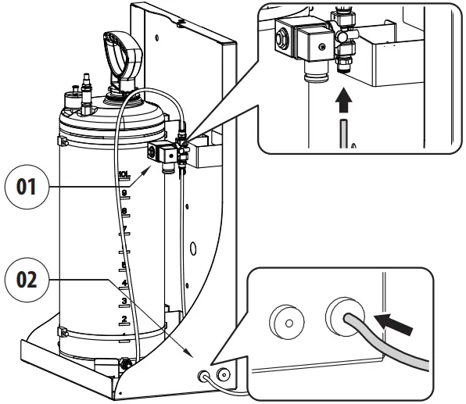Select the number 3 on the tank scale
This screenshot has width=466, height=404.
(123, 300)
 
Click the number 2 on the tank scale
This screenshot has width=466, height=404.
(123, 320)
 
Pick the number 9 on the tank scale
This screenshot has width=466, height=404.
(123, 193)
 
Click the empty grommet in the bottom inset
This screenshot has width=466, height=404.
(285, 321)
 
